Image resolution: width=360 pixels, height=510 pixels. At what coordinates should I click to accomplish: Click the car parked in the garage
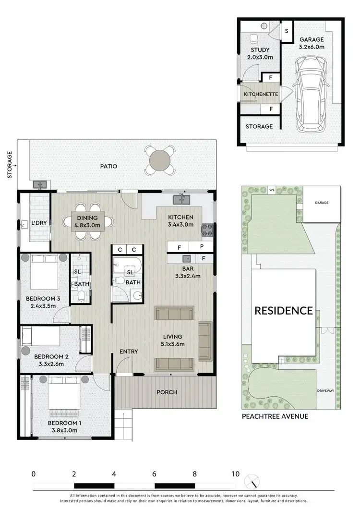click(312, 94)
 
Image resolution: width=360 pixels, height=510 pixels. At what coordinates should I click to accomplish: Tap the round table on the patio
click(160, 161)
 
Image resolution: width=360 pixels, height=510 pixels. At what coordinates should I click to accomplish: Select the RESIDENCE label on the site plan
click(283, 311)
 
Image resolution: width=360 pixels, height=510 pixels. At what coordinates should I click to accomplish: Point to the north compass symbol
click(252, 480)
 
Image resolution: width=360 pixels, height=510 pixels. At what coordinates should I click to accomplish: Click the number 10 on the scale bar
click(235, 474)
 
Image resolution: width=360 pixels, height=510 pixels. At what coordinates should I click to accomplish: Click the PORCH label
click(167, 392)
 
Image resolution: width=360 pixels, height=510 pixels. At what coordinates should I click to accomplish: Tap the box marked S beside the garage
click(287, 31)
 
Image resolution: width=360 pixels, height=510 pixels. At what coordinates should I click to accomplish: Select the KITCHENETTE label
click(261, 94)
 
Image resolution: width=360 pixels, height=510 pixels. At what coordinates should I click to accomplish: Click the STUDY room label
click(260, 50)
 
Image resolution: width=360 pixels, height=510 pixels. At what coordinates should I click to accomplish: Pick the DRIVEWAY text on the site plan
click(325, 391)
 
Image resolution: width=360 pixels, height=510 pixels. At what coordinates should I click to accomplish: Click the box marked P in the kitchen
click(203, 248)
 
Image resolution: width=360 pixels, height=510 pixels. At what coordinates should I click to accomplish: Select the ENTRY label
click(129, 352)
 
